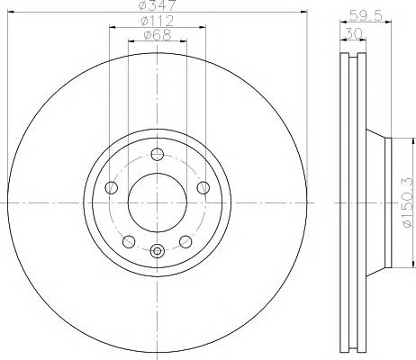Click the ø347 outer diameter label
[158, 5]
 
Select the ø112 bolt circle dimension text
[157, 21]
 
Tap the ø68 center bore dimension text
[158, 35]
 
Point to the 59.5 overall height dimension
[366, 15]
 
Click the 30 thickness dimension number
[353, 33]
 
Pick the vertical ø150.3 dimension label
[408, 202]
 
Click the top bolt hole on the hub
[157, 155]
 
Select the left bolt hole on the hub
[112, 187]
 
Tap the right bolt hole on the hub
[203, 187]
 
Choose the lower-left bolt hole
[129, 241]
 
